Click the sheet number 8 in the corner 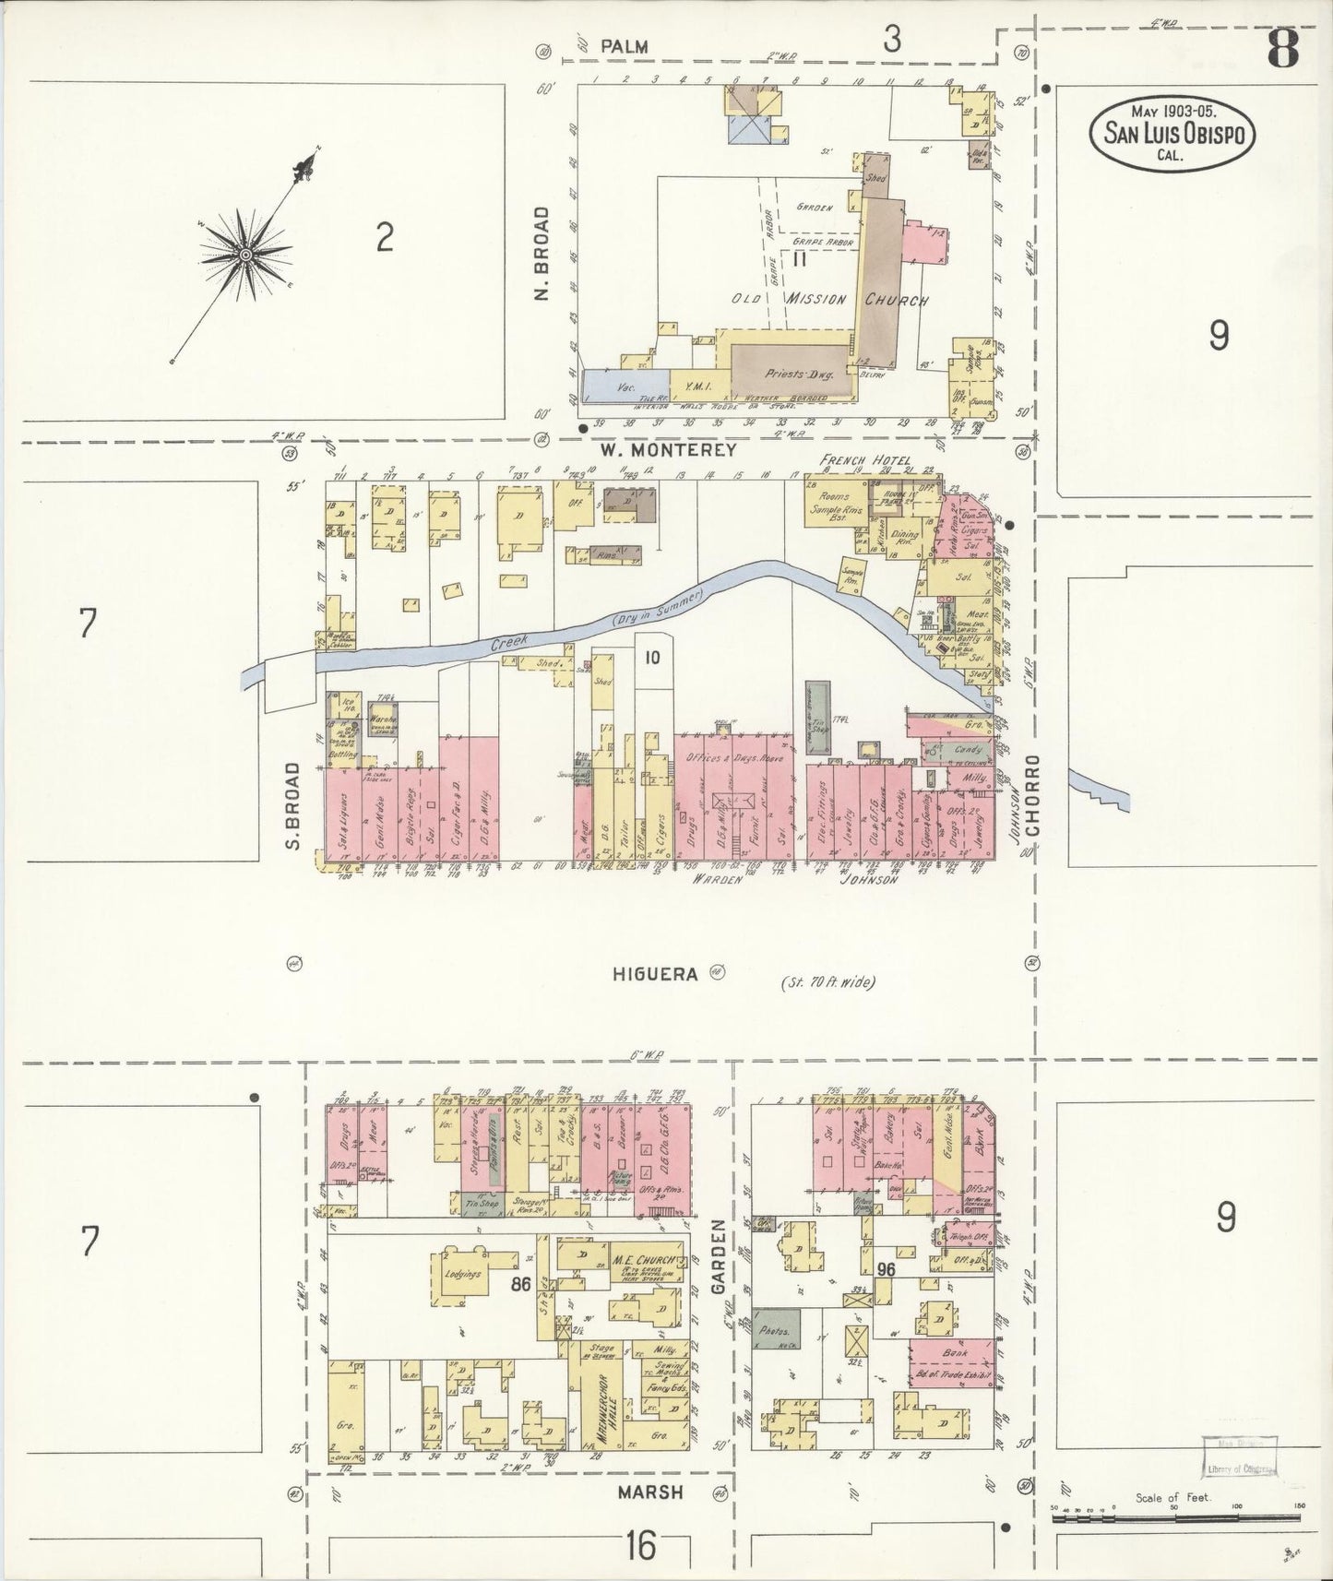coord(1283,47)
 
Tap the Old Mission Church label coord(829,300)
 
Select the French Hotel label coord(864,460)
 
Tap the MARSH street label coord(650,1492)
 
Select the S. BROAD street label coord(294,804)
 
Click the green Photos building coord(776,1333)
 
